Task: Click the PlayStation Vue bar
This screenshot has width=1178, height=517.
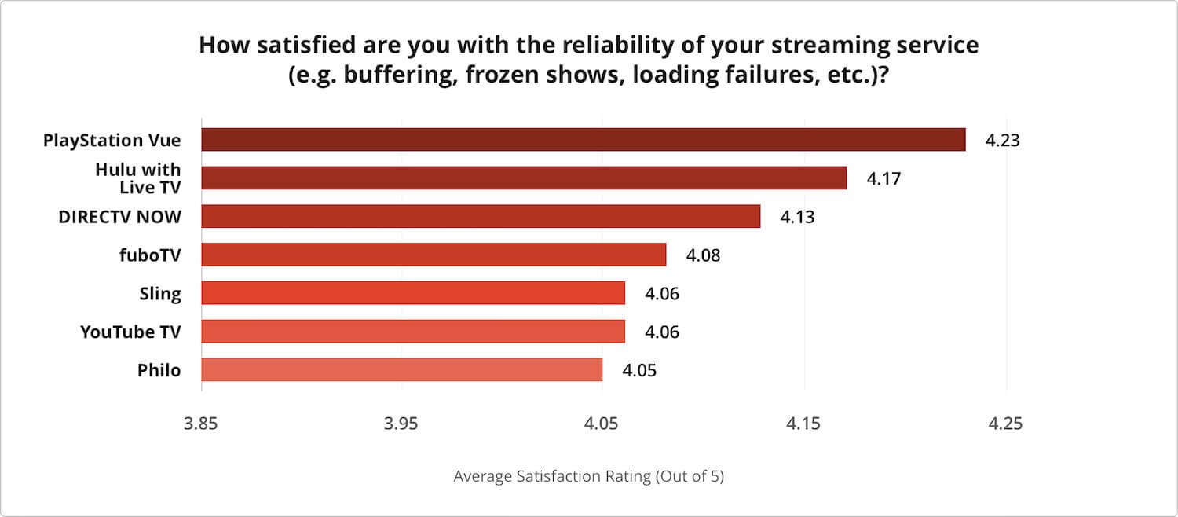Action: pos(583,140)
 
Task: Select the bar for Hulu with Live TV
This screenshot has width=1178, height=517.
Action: pos(524,178)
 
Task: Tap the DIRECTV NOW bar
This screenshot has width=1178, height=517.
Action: pos(481,216)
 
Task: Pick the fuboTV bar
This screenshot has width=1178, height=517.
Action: pos(434,255)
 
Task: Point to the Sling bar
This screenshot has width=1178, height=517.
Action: pos(413,293)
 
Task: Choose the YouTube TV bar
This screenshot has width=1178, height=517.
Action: pos(413,332)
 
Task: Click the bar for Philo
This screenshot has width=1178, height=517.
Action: pos(401,369)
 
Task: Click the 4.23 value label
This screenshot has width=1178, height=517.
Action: pos(1003,141)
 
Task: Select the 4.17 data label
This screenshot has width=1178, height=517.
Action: pos(883,178)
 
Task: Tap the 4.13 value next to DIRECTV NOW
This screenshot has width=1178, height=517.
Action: pos(797,217)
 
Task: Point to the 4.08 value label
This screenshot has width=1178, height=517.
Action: pos(703,255)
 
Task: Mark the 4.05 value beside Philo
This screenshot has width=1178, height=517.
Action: pos(639,370)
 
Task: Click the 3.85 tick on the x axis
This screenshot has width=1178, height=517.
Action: pos(201,424)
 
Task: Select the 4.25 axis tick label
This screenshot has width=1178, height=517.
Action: pos(1005,424)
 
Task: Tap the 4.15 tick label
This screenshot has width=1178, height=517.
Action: pos(804,424)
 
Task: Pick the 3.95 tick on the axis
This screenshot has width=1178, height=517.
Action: pos(402,424)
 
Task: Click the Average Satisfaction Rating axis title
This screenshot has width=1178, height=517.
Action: pos(588,477)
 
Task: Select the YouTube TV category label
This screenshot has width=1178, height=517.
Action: pos(130,332)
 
